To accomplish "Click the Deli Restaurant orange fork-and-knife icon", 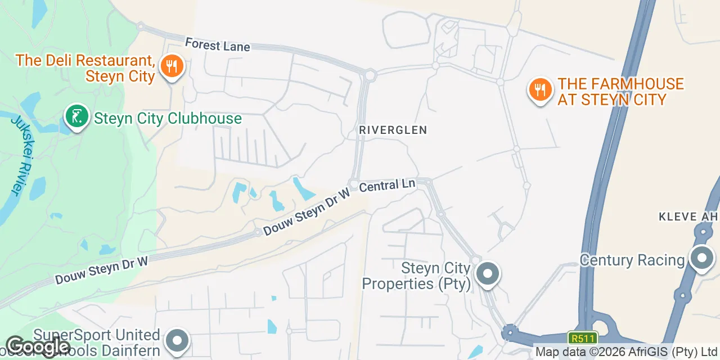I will click(x=172, y=67).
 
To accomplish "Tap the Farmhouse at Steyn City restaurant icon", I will click(x=540, y=90).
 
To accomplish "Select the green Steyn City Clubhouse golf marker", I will click(x=77, y=116).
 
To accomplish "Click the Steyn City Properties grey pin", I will click(x=487, y=274).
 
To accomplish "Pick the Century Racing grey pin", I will click(x=701, y=259).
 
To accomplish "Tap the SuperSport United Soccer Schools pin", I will click(x=178, y=340).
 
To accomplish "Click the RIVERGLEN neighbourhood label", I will click(x=394, y=130).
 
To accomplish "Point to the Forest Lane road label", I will click(x=217, y=44).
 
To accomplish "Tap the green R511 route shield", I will click(x=582, y=337).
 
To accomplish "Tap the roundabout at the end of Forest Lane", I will click(x=370, y=74).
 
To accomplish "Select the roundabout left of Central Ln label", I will click(x=354, y=184).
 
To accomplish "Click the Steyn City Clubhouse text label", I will click(x=168, y=119).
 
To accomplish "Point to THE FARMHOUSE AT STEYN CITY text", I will click(x=620, y=92).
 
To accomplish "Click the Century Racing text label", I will click(x=632, y=260).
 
